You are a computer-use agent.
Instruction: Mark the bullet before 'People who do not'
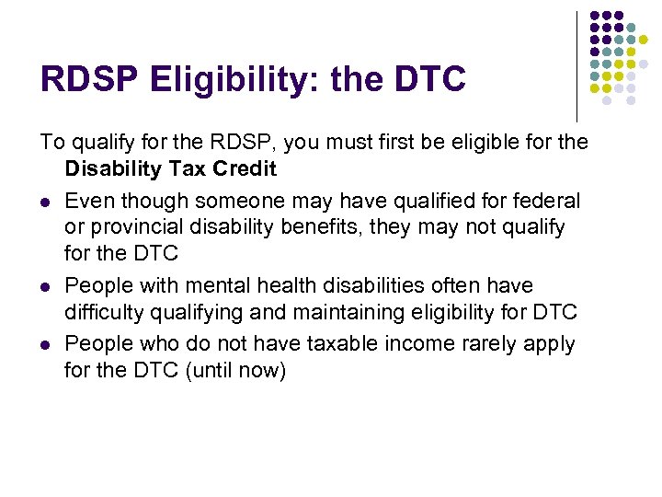pyautogui.click(x=45, y=345)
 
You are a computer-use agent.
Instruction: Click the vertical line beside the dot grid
pyautogui.click(x=577, y=64)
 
